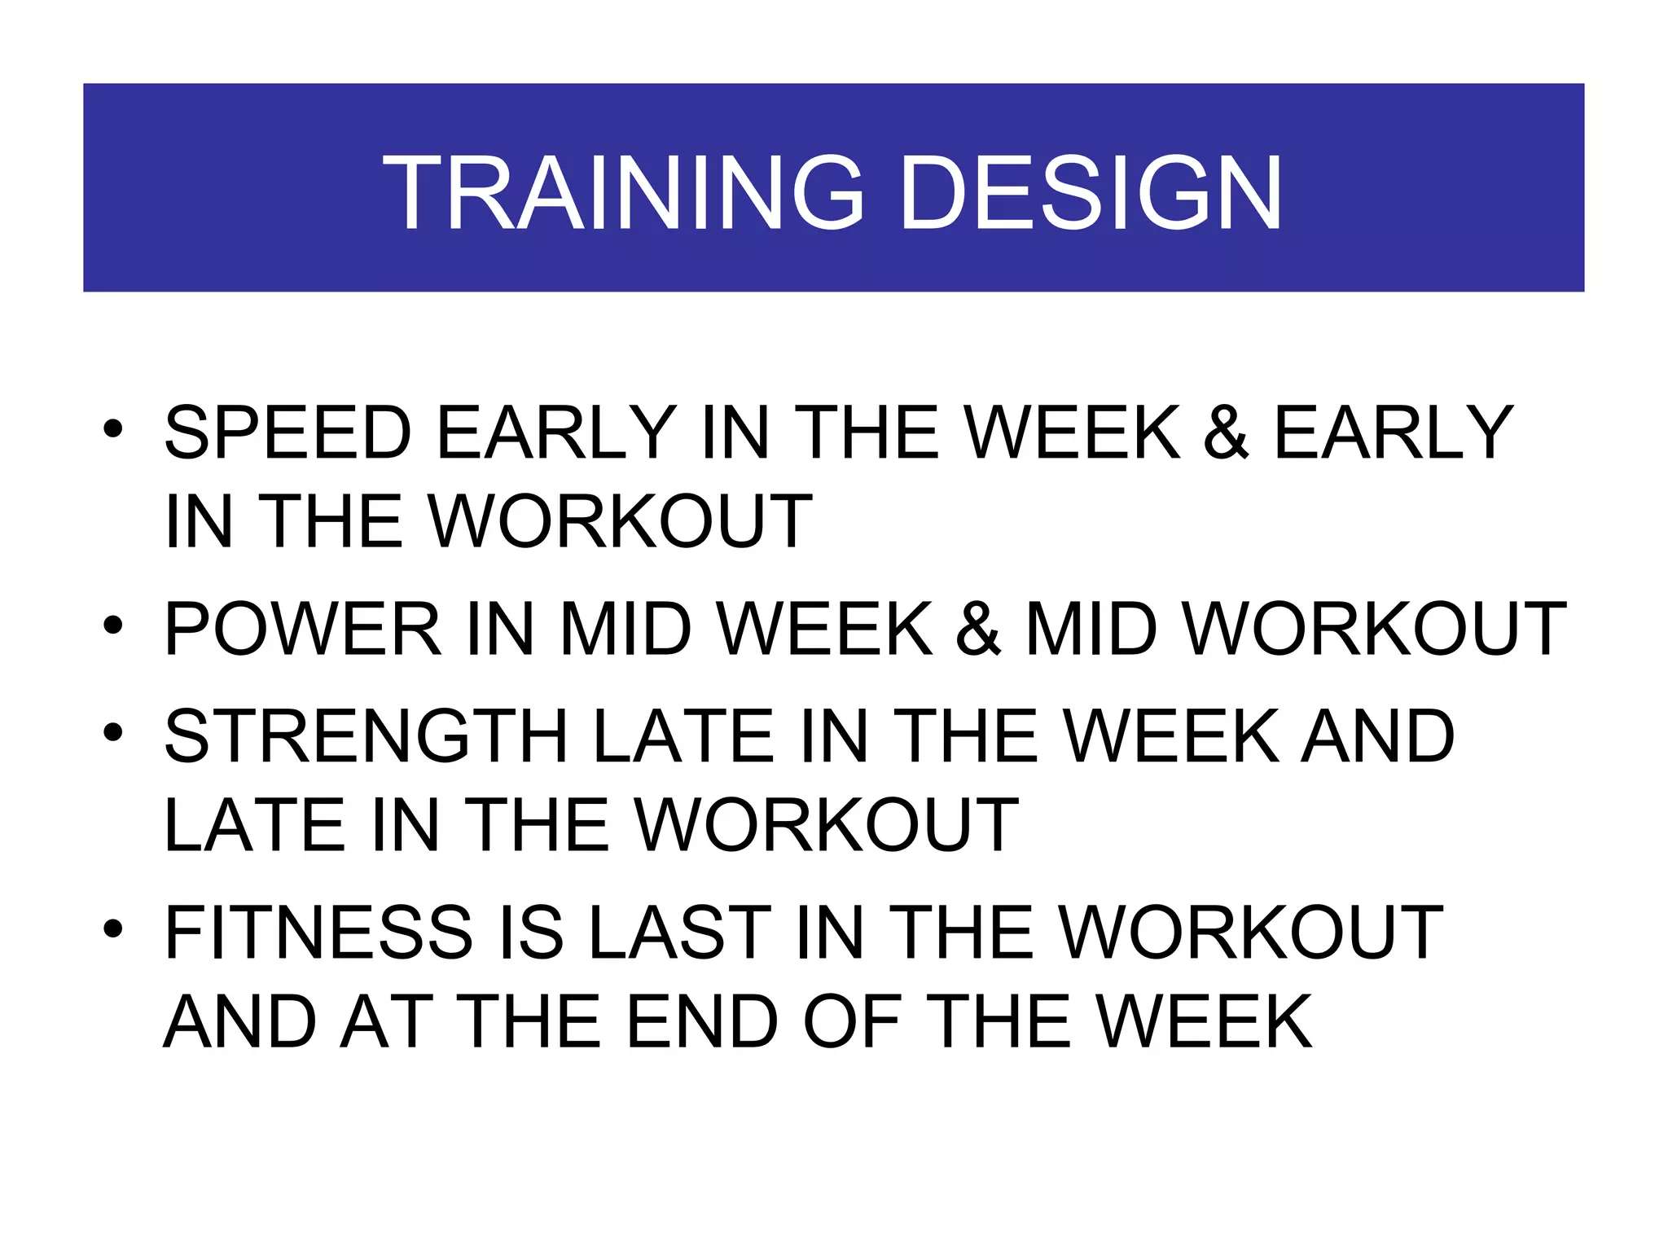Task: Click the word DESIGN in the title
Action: tap(1091, 194)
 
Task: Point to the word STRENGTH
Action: tap(366, 736)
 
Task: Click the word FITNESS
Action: tap(318, 933)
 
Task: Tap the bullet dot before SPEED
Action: tap(113, 429)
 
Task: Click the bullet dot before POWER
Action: tap(113, 625)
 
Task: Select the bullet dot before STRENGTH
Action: tap(113, 732)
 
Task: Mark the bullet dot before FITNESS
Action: tap(113, 928)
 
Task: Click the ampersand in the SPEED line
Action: tap(1226, 432)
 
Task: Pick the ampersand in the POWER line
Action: tap(978, 629)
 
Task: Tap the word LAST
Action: tap(679, 933)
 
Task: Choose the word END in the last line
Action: tap(702, 1022)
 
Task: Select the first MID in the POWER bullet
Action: tap(625, 629)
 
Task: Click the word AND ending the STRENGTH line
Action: tap(1377, 736)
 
